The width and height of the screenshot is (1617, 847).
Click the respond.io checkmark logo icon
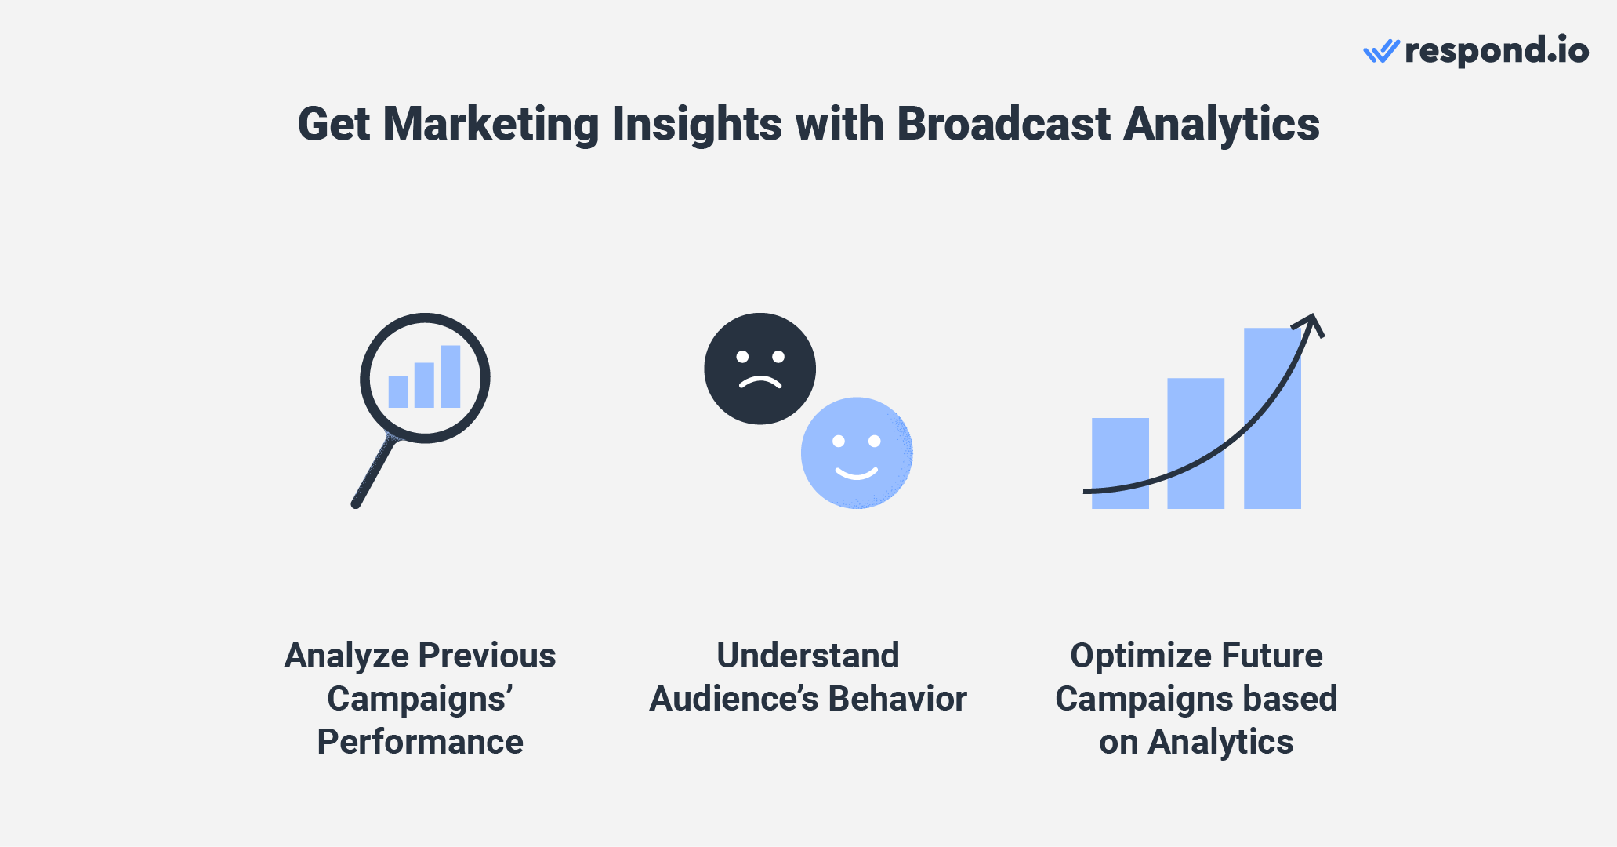tap(1381, 52)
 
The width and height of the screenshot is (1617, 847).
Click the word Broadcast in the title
tap(1003, 124)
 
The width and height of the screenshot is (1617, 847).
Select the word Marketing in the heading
tap(491, 124)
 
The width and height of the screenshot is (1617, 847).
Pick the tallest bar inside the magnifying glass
tap(450, 376)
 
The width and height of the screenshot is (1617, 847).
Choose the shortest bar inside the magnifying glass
tap(398, 392)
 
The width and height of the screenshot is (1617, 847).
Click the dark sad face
tap(760, 369)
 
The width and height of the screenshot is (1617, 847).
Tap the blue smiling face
tap(857, 453)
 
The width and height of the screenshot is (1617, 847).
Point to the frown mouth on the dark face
tap(760, 383)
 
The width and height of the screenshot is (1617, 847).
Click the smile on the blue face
tap(856, 473)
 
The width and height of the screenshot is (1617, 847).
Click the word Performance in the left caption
tap(420, 742)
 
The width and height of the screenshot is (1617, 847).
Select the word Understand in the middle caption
tap(807, 656)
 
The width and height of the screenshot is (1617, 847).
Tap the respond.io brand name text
tap(1496, 52)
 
